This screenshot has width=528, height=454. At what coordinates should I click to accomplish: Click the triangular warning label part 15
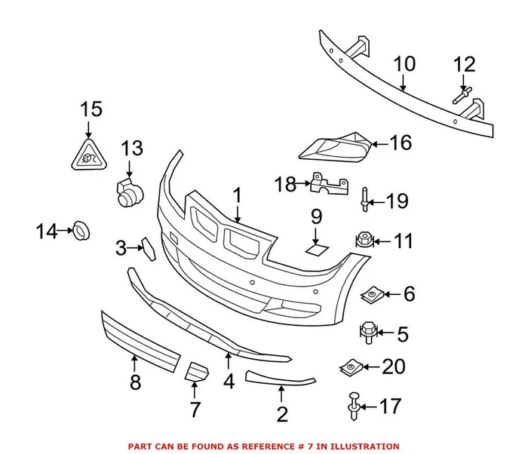coord(89,155)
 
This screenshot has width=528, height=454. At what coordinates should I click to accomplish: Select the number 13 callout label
coord(132,148)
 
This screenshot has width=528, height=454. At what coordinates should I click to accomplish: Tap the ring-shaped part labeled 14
coord(81,232)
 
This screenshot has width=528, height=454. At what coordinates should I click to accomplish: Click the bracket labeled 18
coord(330,184)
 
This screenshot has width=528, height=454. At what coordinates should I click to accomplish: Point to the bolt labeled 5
coord(367,332)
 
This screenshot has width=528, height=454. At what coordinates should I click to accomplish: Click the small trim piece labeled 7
coord(197,373)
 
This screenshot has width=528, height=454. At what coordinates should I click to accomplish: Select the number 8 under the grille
coord(135,382)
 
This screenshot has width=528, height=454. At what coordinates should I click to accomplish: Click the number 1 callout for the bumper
coord(237,196)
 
